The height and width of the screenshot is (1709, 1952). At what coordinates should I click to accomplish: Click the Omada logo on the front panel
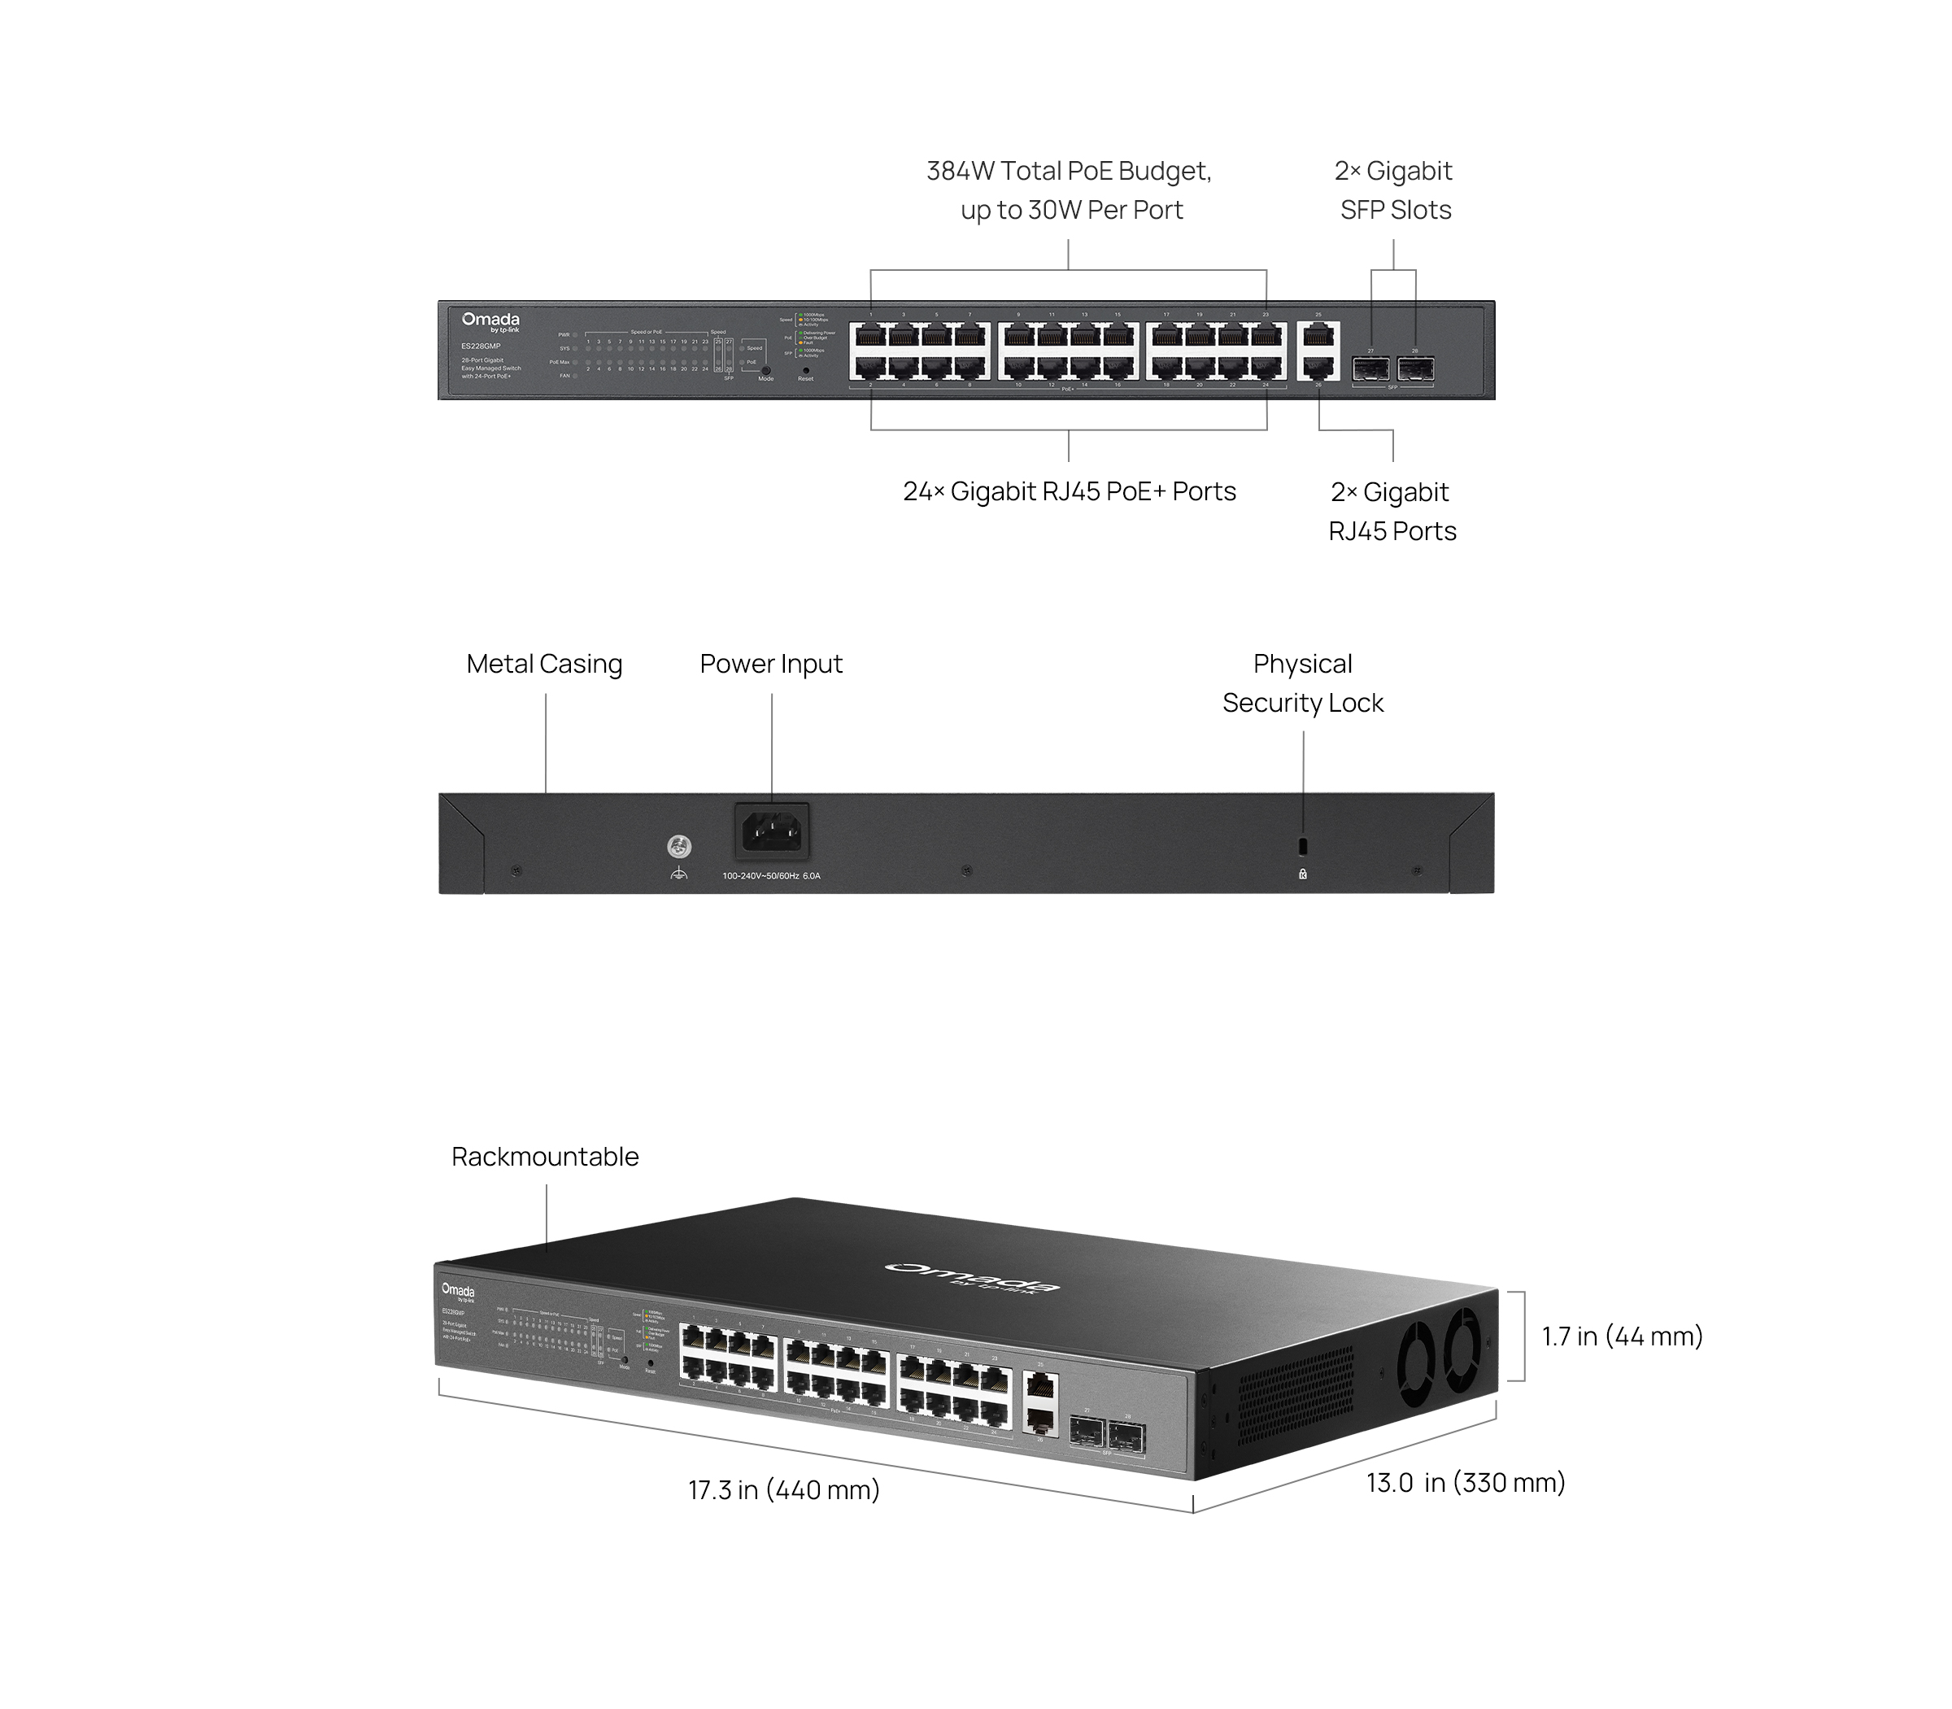pos(490,321)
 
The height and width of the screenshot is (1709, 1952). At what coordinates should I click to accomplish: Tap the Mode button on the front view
pos(765,370)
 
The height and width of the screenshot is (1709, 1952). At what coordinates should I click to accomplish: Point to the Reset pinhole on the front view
pos(806,369)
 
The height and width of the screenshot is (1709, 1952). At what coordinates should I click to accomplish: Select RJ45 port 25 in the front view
pos(1318,335)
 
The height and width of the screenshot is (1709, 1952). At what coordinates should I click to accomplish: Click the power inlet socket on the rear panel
pos(772,831)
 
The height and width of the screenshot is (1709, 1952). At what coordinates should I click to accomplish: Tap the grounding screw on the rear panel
pos(679,846)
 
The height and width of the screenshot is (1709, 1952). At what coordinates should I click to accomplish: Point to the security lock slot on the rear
pos(1304,846)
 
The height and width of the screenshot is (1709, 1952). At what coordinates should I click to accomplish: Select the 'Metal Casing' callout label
pos(543,664)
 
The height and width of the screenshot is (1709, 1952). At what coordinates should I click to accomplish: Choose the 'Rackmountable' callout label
pos(544,1157)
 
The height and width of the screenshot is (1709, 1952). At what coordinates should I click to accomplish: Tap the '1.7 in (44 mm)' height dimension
pos(1622,1336)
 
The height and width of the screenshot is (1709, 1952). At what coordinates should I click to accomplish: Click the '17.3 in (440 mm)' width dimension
pos(784,1489)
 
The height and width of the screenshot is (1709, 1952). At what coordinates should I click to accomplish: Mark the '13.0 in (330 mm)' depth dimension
pos(1466,1483)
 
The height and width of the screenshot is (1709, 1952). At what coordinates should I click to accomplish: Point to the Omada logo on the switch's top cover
pos(972,1278)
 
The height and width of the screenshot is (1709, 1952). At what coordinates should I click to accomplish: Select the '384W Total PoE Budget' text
pos(1068,172)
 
